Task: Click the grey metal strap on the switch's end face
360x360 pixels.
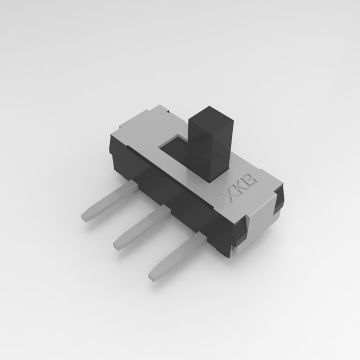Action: point(260,224)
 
